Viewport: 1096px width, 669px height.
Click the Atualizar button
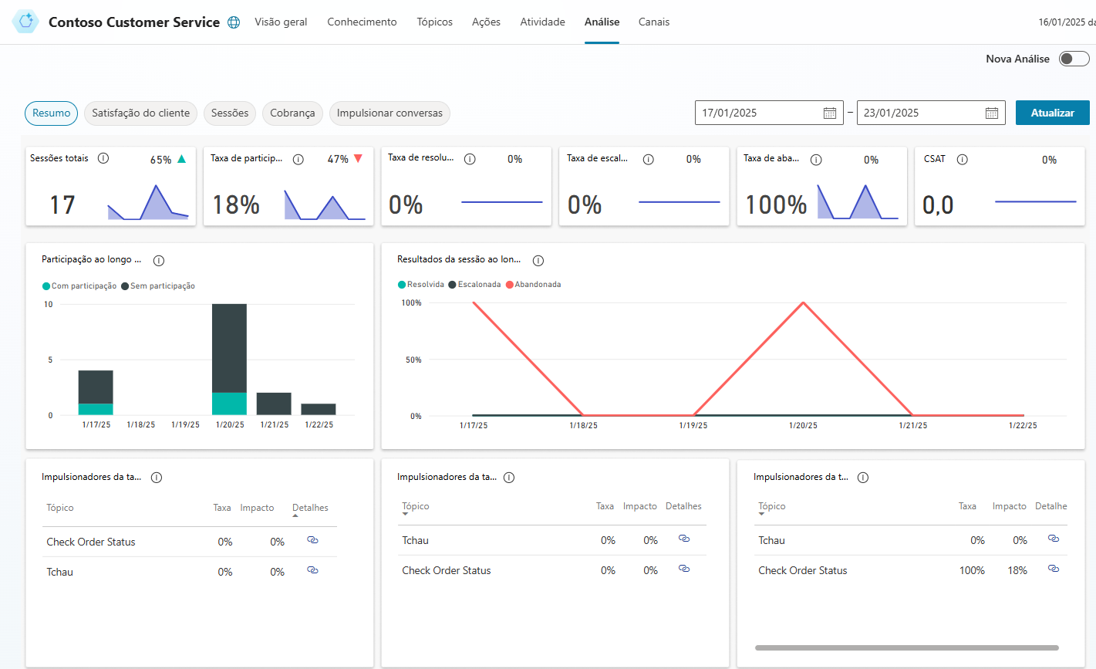pyautogui.click(x=1052, y=113)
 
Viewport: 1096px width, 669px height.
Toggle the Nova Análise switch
pyautogui.click(x=1074, y=59)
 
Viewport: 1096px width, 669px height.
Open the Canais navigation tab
pyautogui.click(x=654, y=22)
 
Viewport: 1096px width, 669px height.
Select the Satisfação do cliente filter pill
pyautogui.click(x=140, y=113)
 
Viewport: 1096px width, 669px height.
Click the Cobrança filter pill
pyautogui.click(x=292, y=113)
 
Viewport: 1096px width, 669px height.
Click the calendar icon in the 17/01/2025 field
pyautogui.click(x=829, y=113)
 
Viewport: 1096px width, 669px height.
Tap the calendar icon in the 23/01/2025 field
pyautogui.click(x=991, y=113)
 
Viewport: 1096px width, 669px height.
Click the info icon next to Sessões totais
pyautogui.click(x=103, y=158)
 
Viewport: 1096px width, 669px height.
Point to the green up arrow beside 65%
pyautogui.click(x=181, y=158)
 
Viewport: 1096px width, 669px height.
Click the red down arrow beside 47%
pyautogui.click(x=358, y=158)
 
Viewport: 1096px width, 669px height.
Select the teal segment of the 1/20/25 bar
pyautogui.click(x=229, y=404)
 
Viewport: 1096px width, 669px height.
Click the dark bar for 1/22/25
pyautogui.click(x=318, y=409)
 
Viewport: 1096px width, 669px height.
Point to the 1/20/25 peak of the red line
pyautogui.click(x=803, y=303)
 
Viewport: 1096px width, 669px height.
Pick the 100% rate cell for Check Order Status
pyautogui.click(x=972, y=571)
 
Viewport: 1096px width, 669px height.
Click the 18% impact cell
pyautogui.click(x=1017, y=571)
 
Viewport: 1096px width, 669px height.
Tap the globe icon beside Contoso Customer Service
pyautogui.click(x=234, y=22)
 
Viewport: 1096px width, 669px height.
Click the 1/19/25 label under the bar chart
pyautogui.click(x=185, y=425)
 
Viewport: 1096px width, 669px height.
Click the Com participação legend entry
pyautogui.click(x=79, y=286)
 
